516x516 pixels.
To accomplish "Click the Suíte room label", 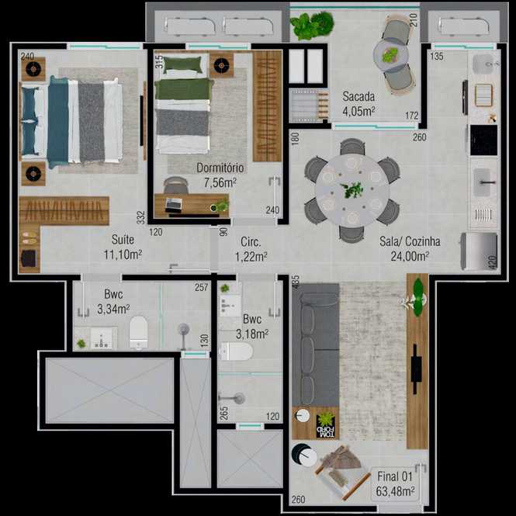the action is (x=123, y=247).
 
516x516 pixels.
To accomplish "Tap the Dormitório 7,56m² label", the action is (x=220, y=175).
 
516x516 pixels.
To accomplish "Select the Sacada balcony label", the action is (x=358, y=104).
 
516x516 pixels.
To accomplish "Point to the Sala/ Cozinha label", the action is (x=410, y=248).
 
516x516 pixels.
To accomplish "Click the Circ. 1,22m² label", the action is (x=251, y=249).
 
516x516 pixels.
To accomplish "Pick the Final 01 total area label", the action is (x=395, y=483).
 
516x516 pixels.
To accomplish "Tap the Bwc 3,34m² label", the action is (x=113, y=301).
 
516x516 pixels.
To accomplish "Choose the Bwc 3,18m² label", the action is (x=252, y=327).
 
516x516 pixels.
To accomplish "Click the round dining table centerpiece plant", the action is (x=352, y=190).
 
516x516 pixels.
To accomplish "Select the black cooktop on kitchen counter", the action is (x=483, y=140).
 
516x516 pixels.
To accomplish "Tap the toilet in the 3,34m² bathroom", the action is (x=138, y=332).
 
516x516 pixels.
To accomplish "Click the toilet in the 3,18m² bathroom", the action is (x=236, y=352).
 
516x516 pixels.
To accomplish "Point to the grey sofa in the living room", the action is (x=315, y=345).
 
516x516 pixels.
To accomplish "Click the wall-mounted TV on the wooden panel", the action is (x=416, y=369).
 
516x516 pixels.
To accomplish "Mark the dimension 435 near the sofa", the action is (x=295, y=282).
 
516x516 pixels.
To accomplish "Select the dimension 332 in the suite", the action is (x=141, y=217).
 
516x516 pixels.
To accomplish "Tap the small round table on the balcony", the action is (x=391, y=55).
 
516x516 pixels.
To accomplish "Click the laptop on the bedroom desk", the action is (x=173, y=205).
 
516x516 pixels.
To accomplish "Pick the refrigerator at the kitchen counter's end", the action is (x=480, y=251).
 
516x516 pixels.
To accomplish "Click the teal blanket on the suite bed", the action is (x=58, y=122).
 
